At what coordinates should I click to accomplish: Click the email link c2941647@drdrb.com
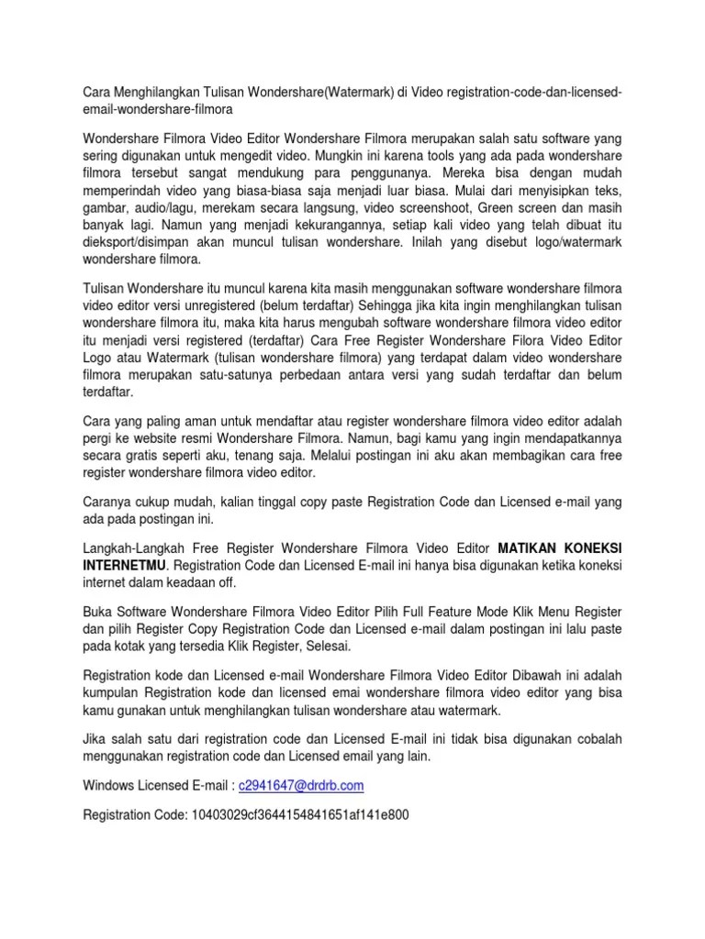[301, 786]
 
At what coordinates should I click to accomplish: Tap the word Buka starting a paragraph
[98, 610]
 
